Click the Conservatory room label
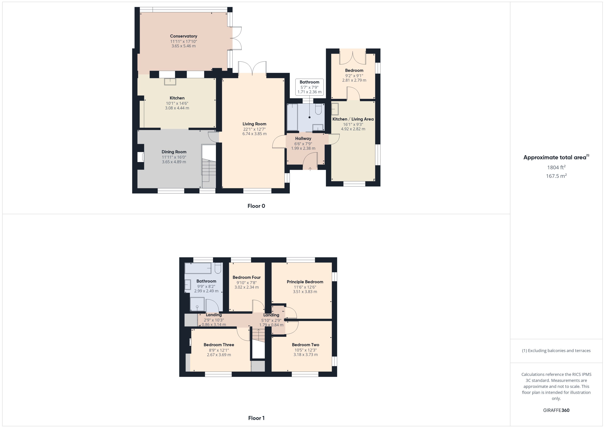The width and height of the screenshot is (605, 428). coord(183,36)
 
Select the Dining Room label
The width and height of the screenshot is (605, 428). coord(174,152)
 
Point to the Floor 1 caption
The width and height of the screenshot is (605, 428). coord(256,418)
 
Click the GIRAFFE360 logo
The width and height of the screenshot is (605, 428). coord(556,410)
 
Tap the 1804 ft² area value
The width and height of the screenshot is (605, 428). coord(556,167)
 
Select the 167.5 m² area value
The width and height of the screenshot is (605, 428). coord(556,176)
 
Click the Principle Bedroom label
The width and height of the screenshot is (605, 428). coord(305,282)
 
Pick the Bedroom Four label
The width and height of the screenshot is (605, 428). coord(246,277)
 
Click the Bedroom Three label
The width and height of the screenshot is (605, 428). coord(219,345)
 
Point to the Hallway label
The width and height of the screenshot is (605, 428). coord(303,138)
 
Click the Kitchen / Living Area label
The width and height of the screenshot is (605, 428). coord(353,119)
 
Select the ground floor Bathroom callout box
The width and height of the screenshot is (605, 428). coord(309,87)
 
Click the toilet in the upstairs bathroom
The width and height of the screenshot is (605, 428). coord(218,268)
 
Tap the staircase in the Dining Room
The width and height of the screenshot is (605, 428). coord(209,170)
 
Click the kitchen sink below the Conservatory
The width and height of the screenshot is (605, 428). coord(170,82)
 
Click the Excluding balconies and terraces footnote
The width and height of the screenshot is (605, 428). coord(556,351)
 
